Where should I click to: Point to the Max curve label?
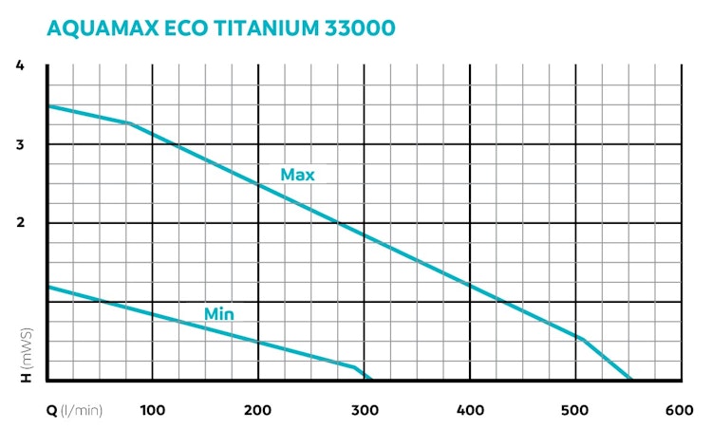[x=297, y=176]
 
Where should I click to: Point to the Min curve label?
[x=219, y=314]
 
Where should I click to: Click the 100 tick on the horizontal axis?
[x=154, y=411]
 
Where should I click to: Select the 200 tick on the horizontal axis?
[x=258, y=411]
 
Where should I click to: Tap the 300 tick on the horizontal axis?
[x=364, y=411]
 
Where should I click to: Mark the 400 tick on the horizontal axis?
[x=469, y=411]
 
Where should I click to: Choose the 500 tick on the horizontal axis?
[x=574, y=411]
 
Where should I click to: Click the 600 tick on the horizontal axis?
[x=679, y=411]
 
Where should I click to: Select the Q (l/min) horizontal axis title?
[x=75, y=411]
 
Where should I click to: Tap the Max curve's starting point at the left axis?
[x=48, y=105]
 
